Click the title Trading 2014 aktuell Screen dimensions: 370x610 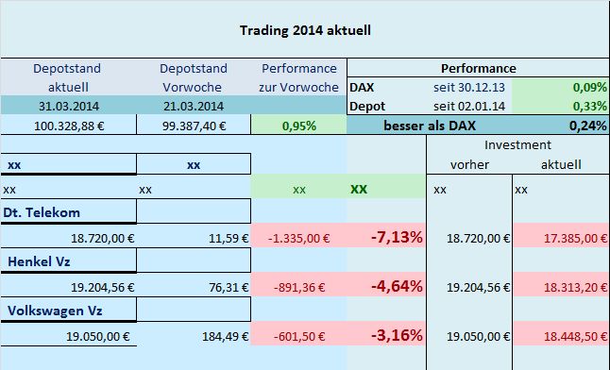[304, 29]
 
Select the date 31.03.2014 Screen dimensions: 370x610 [67, 105]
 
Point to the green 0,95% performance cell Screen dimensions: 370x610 [298, 126]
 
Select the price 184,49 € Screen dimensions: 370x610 [222, 335]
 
